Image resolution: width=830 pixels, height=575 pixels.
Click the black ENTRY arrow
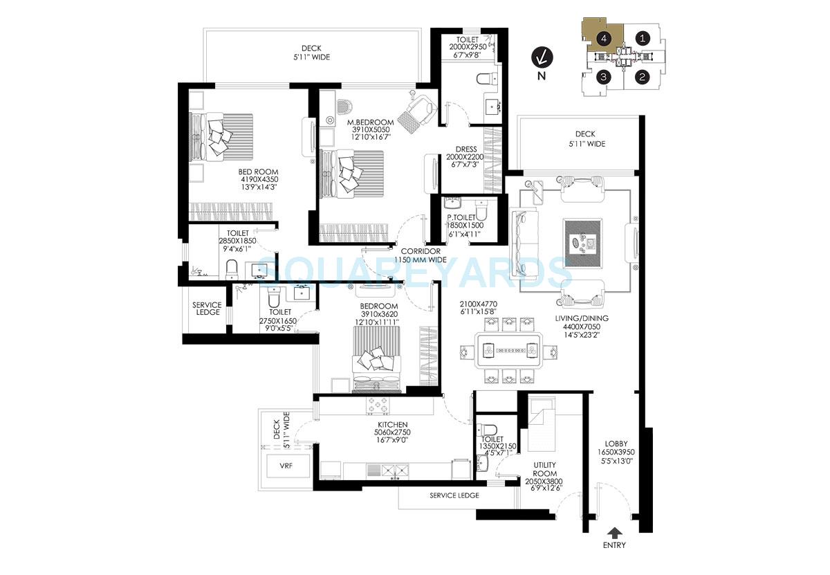(614, 532)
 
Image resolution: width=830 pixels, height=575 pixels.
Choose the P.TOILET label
(465, 217)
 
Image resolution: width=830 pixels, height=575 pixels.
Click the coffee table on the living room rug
(584, 242)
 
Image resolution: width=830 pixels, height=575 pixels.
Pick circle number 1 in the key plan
(643, 39)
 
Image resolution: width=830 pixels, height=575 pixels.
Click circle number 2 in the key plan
(643, 77)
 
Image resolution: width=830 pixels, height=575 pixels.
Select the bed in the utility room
(540, 419)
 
